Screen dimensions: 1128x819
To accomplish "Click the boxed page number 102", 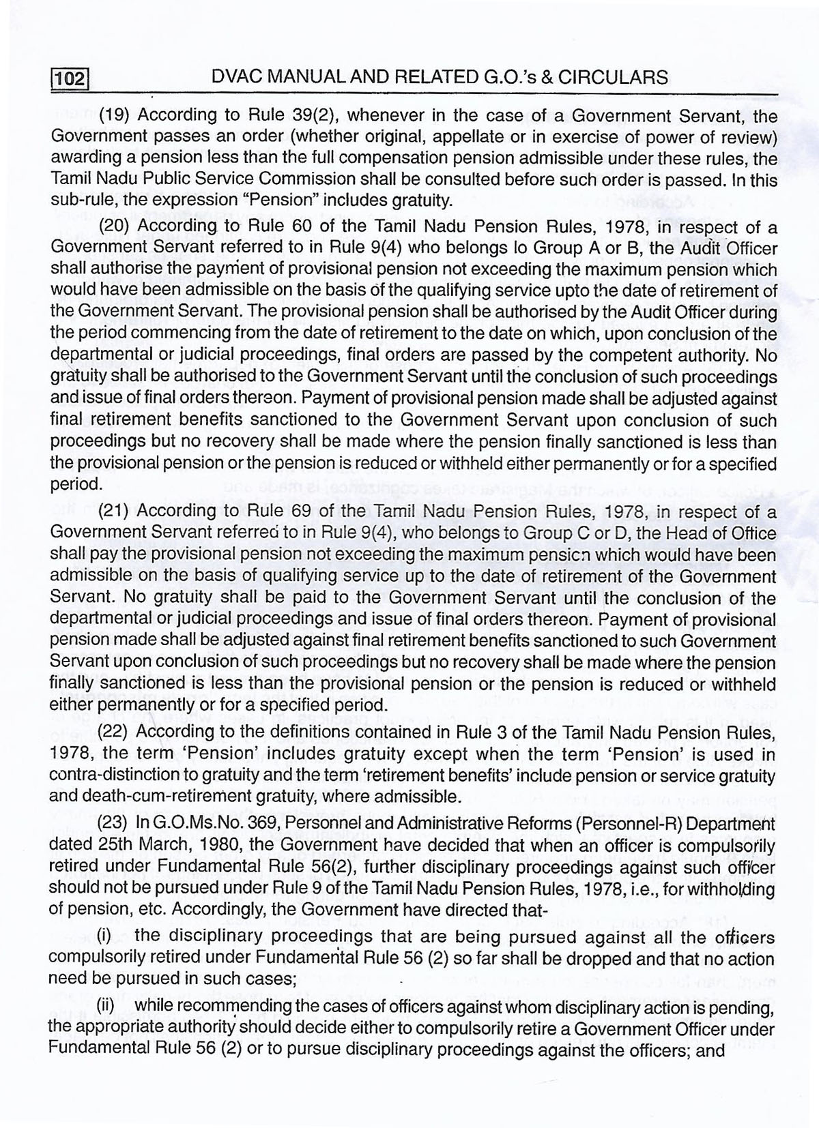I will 70,80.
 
